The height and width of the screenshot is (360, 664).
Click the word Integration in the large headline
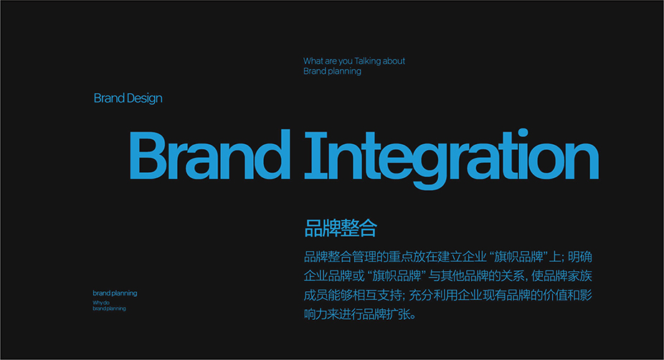click(x=452, y=158)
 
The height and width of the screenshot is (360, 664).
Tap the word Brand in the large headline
click(x=209, y=154)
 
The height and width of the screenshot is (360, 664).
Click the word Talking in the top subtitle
click(x=367, y=61)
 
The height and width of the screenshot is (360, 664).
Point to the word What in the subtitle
click(x=313, y=61)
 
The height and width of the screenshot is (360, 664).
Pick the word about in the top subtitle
click(x=394, y=61)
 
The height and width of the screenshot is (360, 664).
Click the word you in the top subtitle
click(x=346, y=62)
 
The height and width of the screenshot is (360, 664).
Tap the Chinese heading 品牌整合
click(x=341, y=228)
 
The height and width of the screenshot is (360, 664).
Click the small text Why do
click(x=101, y=303)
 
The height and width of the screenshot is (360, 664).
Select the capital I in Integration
click(x=316, y=155)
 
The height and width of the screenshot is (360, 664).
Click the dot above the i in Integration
click(x=523, y=133)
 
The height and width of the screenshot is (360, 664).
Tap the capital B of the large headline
click(x=148, y=155)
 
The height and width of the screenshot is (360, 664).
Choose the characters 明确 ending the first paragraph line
click(x=579, y=257)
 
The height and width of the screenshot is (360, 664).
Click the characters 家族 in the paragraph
click(x=579, y=275)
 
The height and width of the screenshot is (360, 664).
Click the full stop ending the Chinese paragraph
click(x=413, y=317)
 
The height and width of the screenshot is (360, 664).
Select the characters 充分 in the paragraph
click(x=421, y=295)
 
